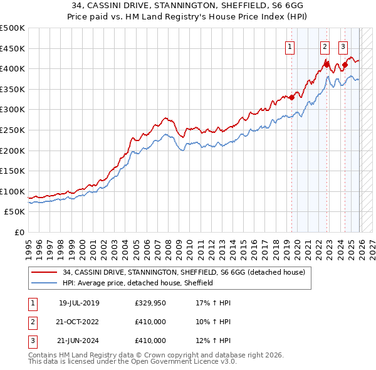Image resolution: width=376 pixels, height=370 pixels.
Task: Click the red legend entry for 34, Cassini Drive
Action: tap(184, 272)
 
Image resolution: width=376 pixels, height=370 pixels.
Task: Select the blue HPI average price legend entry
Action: tap(138, 283)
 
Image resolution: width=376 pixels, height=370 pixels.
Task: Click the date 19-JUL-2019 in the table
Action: tap(78, 304)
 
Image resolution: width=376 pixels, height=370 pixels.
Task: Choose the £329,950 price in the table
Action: tap(150, 304)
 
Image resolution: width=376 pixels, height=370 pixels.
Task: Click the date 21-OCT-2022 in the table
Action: tap(78, 322)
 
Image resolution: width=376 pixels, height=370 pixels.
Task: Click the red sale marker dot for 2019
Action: tap(291, 97)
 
